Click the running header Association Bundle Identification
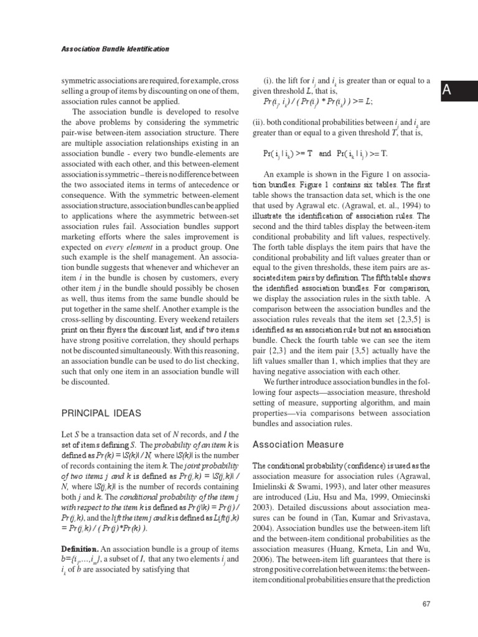pos(115,49)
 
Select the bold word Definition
pos(79,549)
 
